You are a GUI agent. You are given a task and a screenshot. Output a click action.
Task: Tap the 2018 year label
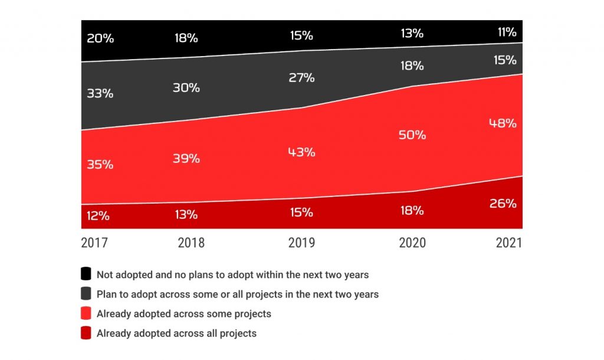pyautogui.click(x=191, y=243)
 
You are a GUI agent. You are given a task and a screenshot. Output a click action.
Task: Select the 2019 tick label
pyautogui.click(x=301, y=243)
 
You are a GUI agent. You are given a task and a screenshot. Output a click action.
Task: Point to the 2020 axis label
pyautogui.click(x=412, y=243)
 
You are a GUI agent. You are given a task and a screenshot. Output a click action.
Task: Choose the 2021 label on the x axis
pyautogui.click(x=508, y=243)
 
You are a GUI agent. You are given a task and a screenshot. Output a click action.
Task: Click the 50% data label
pyautogui.click(x=412, y=135)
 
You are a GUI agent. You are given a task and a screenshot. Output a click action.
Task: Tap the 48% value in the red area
pyautogui.click(x=503, y=123)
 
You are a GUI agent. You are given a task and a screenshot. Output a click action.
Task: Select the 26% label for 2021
pyautogui.click(x=503, y=204)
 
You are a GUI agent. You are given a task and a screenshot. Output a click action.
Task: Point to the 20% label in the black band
pyautogui.click(x=100, y=39)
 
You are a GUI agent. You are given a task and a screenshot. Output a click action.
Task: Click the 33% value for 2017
pyautogui.click(x=100, y=93)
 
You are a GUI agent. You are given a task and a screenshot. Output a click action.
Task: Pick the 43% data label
pyautogui.click(x=301, y=152)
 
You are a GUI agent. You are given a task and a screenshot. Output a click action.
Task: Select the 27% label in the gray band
pyautogui.click(x=301, y=78)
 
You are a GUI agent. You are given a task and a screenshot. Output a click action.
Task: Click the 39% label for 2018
pyautogui.click(x=186, y=159)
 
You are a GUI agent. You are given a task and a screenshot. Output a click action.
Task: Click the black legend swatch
pyautogui.click(x=86, y=274)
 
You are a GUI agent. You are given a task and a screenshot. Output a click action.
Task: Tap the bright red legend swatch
pyautogui.click(x=86, y=313)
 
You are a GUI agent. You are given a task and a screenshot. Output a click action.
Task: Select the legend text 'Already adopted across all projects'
pyautogui.click(x=176, y=333)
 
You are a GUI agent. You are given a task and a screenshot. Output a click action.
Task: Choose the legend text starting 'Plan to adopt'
pyautogui.click(x=238, y=294)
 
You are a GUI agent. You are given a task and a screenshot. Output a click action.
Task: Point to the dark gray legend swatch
pyautogui.click(x=86, y=294)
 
